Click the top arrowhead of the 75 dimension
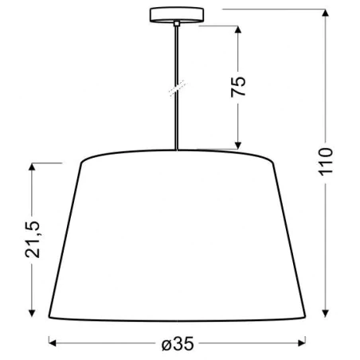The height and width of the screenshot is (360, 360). tap(238, 29)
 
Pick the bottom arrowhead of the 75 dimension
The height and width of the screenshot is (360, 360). tap(238, 146)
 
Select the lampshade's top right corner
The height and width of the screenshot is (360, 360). tap(272, 163)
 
